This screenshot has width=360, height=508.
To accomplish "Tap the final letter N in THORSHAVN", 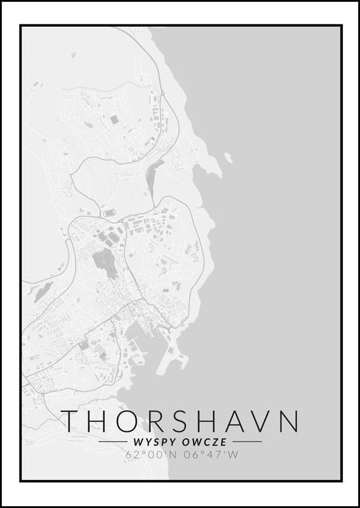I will coord(289,421).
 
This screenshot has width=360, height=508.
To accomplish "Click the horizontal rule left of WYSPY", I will coord(112,442).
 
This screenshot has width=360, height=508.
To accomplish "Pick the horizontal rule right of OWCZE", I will coord(247,442).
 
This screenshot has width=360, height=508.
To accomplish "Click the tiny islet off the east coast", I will coord(228,157).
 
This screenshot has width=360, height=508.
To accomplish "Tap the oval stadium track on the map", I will coord(109,212).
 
